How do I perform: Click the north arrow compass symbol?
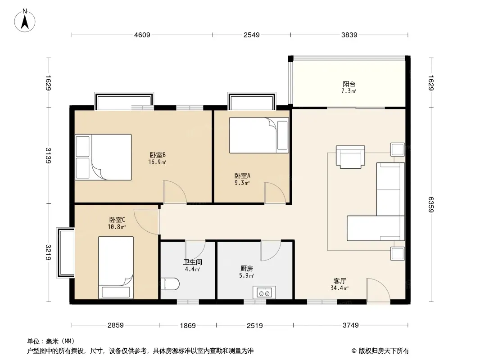click(x=25, y=21)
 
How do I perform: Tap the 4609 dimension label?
click(x=142, y=35)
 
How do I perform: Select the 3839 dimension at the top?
click(x=349, y=35)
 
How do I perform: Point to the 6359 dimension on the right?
click(x=431, y=204)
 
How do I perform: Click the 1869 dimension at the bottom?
click(x=188, y=325)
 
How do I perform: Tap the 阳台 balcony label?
click(x=349, y=84)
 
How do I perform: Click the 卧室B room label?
click(x=158, y=155)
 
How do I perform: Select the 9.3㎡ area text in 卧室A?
click(x=242, y=183)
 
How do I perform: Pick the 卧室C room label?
click(x=117, y=220)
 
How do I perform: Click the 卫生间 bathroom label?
click(x=193, y=262)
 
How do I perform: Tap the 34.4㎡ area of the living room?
click(x=340, y=288)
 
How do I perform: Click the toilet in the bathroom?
click(x=170, y=284)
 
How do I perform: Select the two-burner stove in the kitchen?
click(x=264, y=292)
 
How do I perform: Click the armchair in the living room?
click(x=350, y=157)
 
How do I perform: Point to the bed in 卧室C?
click(x=116, y=267)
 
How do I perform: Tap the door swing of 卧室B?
click(x=175, y=192)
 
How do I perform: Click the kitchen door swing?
click(x=270, y=250)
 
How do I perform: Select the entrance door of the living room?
click(x=378, y=292)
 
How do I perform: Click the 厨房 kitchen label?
click(x=247, y=269)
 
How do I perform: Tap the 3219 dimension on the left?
click(x=48, y=252)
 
